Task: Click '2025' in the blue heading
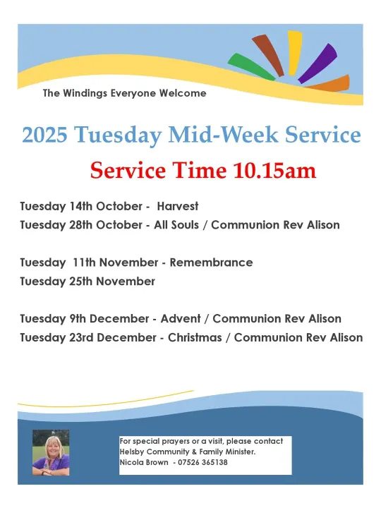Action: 45,135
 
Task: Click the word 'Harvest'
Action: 178,207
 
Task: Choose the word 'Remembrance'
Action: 211,262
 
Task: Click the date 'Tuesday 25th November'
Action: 87,281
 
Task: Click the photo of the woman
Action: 50,452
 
